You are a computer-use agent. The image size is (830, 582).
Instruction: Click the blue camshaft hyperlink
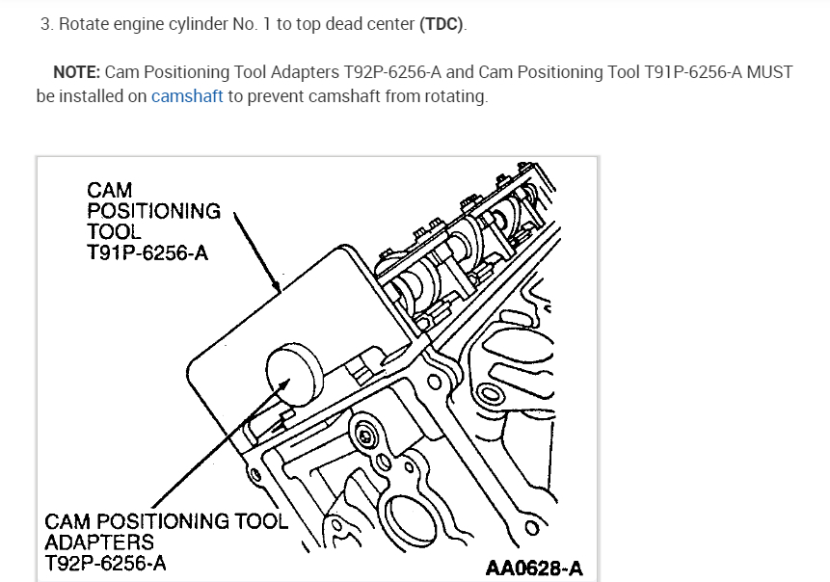click(188, 97)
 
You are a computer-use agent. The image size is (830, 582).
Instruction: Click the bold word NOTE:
click(76, 72)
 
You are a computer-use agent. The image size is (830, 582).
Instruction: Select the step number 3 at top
click(45, 24)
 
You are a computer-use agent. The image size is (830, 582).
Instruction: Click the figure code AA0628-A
click(533, 567)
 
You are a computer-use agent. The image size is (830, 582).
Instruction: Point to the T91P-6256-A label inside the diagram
click(147, 252)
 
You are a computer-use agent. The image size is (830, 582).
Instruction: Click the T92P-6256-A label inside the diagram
click(105, 563)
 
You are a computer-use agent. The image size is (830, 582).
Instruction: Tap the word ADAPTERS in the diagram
click(99, 542)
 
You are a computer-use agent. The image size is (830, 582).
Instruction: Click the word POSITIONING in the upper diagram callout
click(153, 210)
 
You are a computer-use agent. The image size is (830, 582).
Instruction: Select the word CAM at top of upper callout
click(109, 189)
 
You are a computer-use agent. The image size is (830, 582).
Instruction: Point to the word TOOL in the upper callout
click(114, 231)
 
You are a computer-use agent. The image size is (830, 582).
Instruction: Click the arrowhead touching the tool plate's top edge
click(277, 286)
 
